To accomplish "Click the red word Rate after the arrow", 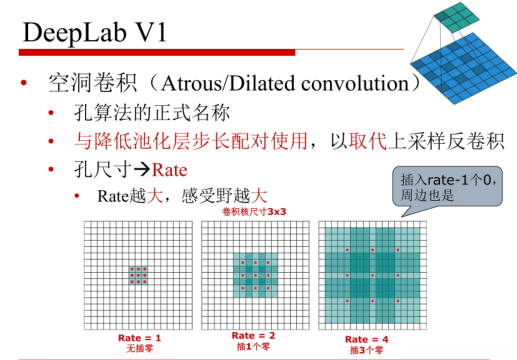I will tap(169, 170).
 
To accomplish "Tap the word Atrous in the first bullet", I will tap(192, 83).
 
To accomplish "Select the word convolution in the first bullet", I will tap(355, 83).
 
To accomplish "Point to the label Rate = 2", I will tap(253, 335).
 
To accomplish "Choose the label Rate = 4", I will tap(366, 339).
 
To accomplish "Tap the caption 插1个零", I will tap(253, 345).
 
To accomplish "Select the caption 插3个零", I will tap(366, 350).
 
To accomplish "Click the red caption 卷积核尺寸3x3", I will tap(254, 211).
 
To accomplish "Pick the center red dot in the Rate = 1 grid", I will tap(138, 275).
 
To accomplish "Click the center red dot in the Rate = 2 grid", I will tap(255, 275).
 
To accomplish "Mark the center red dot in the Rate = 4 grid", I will tap(372, 275).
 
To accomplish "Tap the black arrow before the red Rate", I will tap(142, 170).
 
